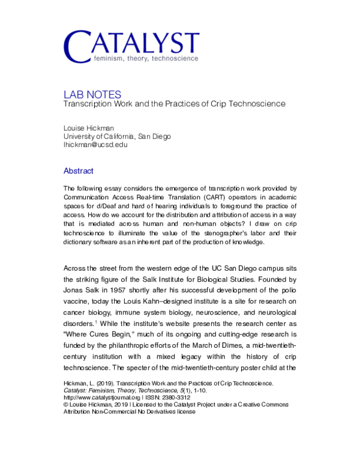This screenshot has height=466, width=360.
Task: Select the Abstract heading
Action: (78, 171)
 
